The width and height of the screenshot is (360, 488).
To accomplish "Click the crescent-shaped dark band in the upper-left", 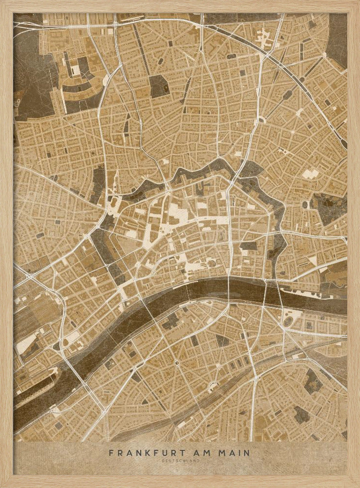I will click(81, 93).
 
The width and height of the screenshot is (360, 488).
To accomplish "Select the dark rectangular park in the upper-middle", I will click(157, 86).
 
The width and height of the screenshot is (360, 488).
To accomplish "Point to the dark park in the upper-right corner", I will click(337, 39).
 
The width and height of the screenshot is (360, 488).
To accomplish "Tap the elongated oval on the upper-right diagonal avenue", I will click(263, 119).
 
